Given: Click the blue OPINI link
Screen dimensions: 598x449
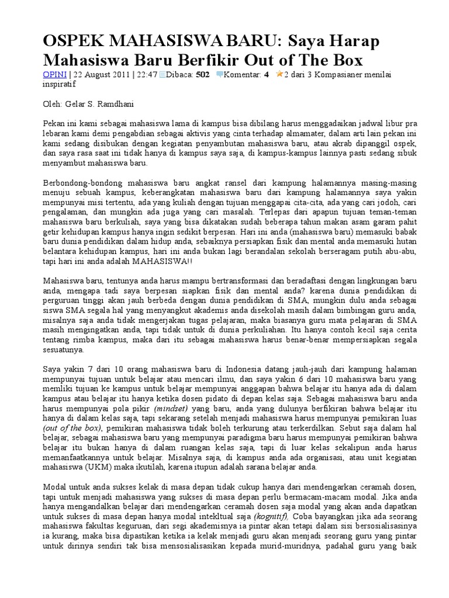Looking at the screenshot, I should click(x=54, y=75).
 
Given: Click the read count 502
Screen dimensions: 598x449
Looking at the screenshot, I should click(x=202, y=75).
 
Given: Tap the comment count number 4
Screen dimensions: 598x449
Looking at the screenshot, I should click(x=266, y=75).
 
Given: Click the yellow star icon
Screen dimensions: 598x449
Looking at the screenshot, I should click(x=279, y=74).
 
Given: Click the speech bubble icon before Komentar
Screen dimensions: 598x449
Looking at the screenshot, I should click(x=219, y=75).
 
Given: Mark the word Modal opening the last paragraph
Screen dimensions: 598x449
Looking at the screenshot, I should click(x=56, y=486).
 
